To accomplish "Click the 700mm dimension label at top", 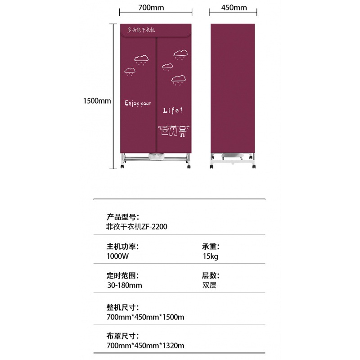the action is pyautogui.click(x=151, y=8).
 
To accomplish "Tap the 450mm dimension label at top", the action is pyautogui.click(x=234, y=8).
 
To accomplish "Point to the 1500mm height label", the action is pyautogui.click(x=97, y=101).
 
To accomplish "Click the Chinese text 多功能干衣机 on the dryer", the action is pyautogui.click(x=141, y=30).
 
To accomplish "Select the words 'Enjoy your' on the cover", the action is pyautogui.click(x=138, y=103).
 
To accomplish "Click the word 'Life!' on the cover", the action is pyautogui.click(x=173, y=110).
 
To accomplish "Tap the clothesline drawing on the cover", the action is pyautogui.click(x=175, y=130).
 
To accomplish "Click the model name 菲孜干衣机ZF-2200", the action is pyautogui.click(x=137, y=227).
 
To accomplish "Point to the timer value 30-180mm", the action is pyautogui.click(x=125, y=285).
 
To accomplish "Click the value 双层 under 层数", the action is pyautogui.click(x=209, y=285).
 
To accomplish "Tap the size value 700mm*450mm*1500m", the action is pyautogui.click(x=145, y=317).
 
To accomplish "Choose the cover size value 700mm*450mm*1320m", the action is pyautogui.click(x=145, y=346).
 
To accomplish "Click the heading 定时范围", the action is pyautogui.click(x=122, y=275).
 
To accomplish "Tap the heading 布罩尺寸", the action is pyautogui.click(x=122, y=336).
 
